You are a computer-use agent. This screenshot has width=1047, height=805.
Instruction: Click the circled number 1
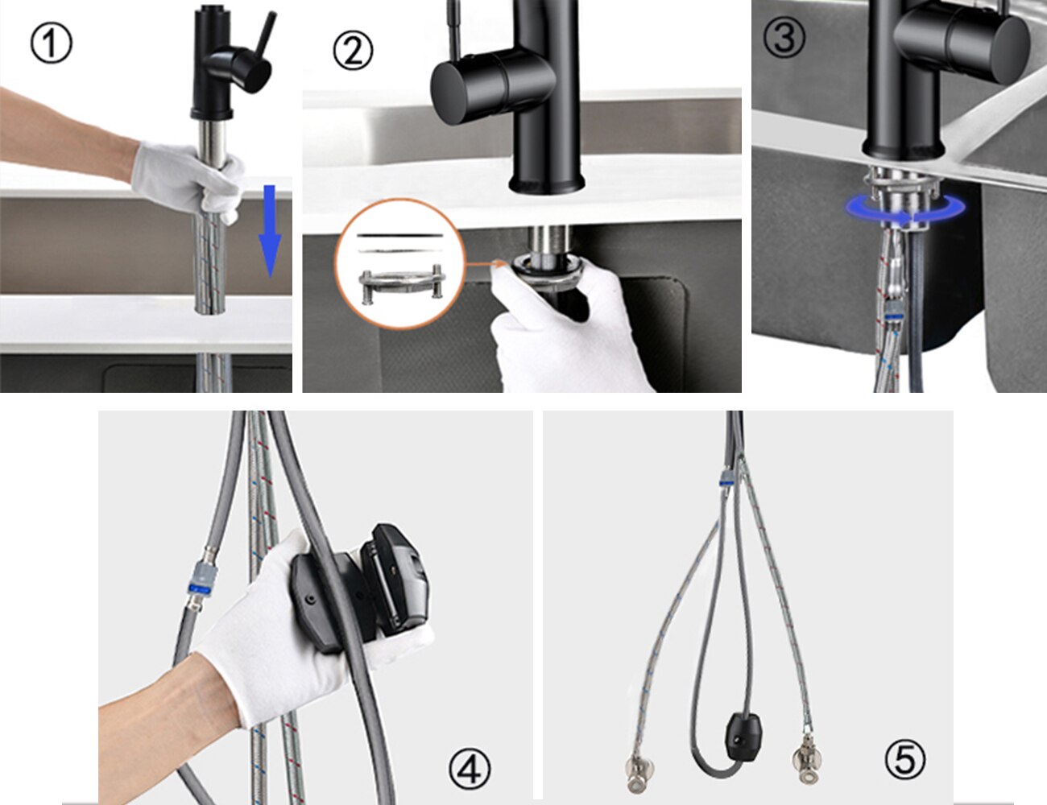52,43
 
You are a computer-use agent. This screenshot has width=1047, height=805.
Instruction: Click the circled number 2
353,51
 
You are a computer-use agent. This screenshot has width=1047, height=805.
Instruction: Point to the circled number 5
905,758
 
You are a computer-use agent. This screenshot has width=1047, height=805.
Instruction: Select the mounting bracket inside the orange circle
401,285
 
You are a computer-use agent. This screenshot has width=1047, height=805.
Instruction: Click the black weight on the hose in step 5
742,734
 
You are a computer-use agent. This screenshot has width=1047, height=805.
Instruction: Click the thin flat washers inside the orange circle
400,242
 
